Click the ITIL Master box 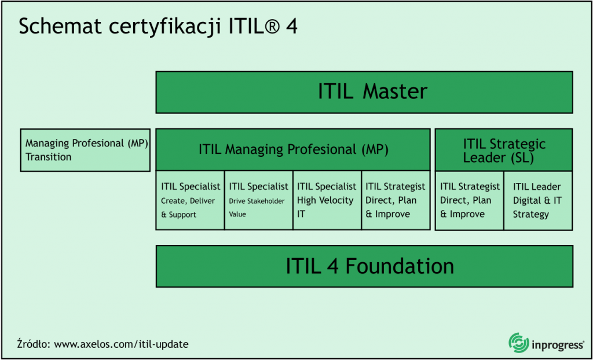(364, 92)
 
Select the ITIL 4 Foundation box (364, 266)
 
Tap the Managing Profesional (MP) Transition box (85, 150)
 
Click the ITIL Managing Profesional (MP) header (293, 149)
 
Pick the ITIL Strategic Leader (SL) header (504, 150)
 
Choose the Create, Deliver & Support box (190, 200)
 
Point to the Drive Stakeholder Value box (258, 200)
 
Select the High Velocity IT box (327, 200)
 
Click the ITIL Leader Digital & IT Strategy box (537, 200)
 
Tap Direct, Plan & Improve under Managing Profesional (396, 200)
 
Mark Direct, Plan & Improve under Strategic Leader (469, 200)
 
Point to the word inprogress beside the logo (557, 344)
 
